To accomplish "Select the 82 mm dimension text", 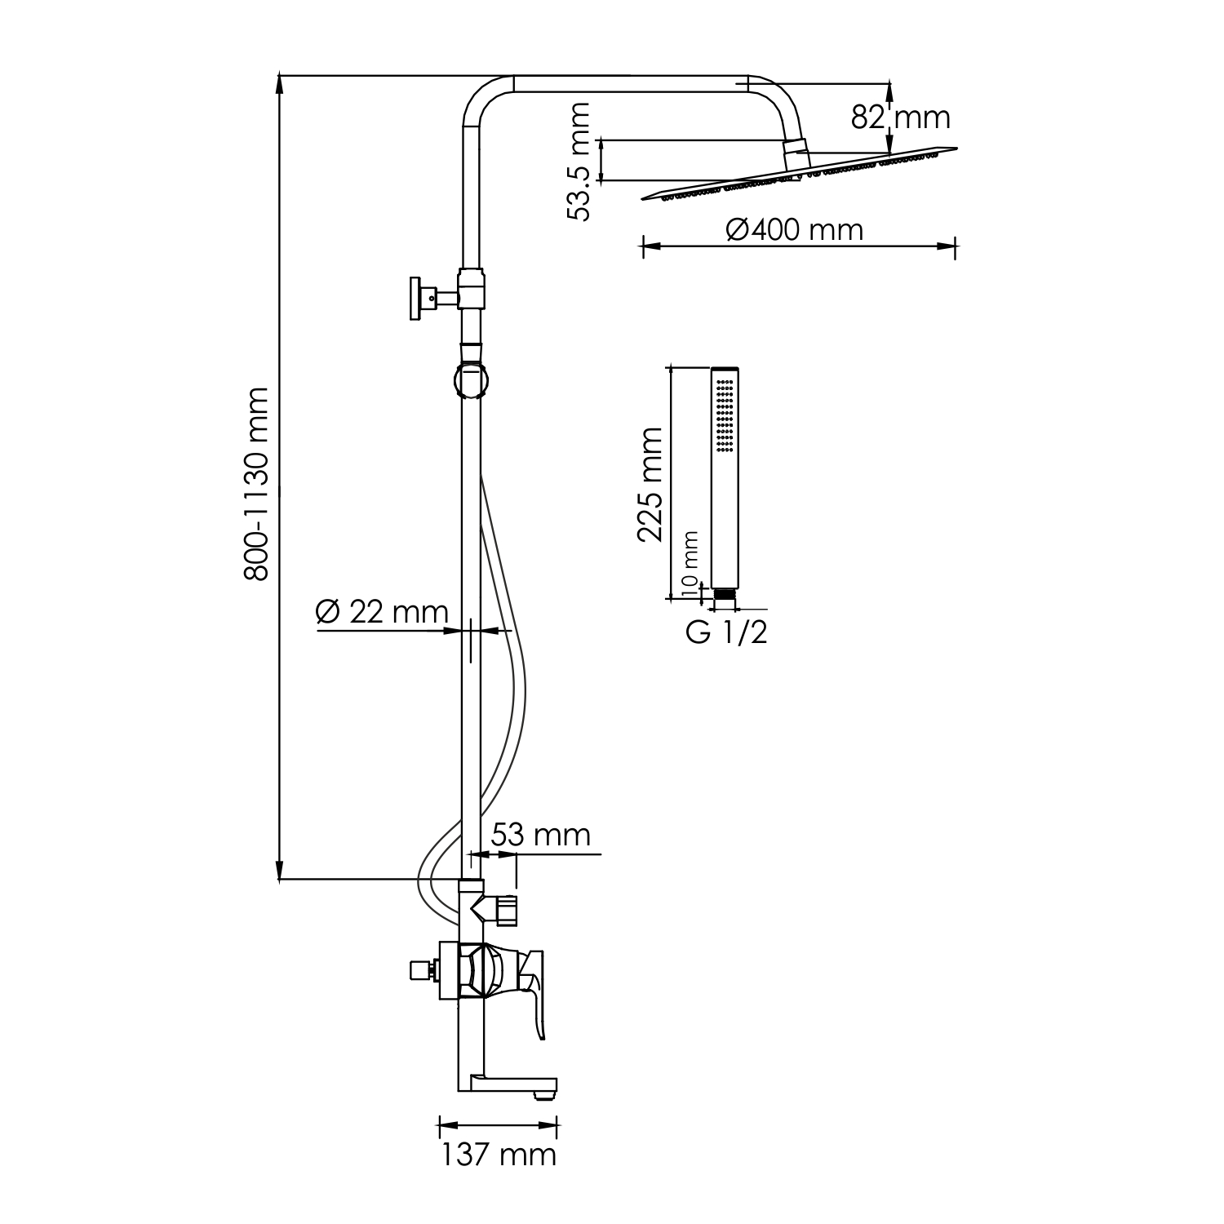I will point(901,118).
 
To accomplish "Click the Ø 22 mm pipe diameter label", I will point(382,612).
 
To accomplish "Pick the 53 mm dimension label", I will point(540,835).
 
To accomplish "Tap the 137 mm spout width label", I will point(499,1155).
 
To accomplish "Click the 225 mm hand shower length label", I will point(650,483).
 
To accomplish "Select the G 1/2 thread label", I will point(726,633).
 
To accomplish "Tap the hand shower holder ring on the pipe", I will point(470,380).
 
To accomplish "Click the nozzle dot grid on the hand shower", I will point(725,419).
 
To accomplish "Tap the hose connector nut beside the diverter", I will point(507,910).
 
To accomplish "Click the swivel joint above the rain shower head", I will point(795,153).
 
